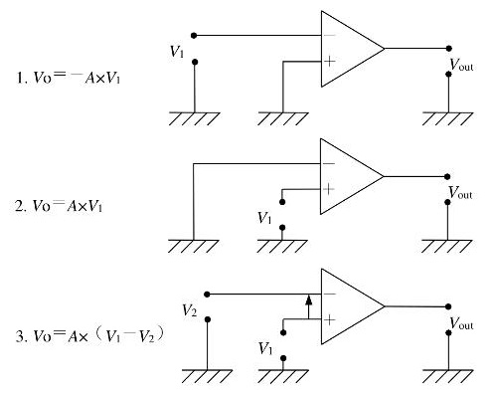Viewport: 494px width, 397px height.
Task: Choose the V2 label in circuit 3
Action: point(190,310)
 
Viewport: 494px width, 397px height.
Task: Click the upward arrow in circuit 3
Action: point(309,305)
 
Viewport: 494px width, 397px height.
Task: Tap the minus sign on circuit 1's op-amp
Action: point(329,35)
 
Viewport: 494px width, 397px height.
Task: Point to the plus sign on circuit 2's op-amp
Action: point(329,189)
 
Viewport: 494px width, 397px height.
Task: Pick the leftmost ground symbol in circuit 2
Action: point(191,246)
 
